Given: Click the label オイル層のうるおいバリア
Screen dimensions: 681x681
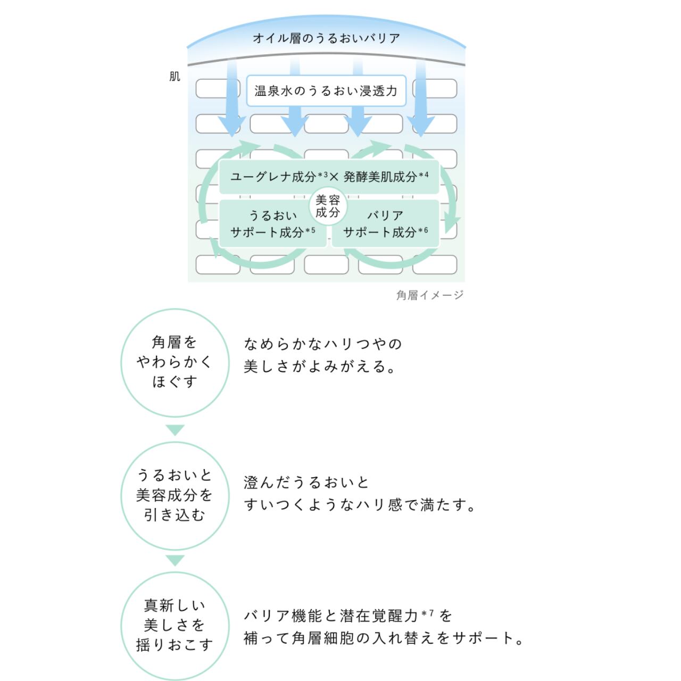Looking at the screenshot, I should point(326,38).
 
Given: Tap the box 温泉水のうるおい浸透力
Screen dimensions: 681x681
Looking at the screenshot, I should point(326,91).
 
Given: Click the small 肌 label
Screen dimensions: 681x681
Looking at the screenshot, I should point(175,77).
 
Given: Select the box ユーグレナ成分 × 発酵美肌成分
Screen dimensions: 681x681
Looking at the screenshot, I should point(329,177).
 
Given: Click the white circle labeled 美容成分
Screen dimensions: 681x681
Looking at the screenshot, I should point(328,206).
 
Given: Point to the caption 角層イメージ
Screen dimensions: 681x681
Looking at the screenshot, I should point(430,295).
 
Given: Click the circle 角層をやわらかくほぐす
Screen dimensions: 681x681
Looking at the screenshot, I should point(175,362).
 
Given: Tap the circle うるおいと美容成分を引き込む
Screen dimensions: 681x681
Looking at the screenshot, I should point(175,495).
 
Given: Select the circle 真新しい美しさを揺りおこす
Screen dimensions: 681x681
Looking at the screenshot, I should point(175,625).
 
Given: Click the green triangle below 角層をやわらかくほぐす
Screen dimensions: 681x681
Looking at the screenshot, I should point(175,430).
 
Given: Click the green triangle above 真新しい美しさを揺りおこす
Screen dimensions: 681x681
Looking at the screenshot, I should point(175,560).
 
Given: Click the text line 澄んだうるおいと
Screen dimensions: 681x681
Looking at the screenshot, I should point(306,483).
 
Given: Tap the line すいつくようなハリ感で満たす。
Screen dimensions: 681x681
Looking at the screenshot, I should point(360,505).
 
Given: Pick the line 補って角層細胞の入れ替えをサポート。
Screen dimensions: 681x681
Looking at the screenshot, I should point(384,638).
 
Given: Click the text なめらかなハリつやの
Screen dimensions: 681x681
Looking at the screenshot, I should point(323,344).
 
